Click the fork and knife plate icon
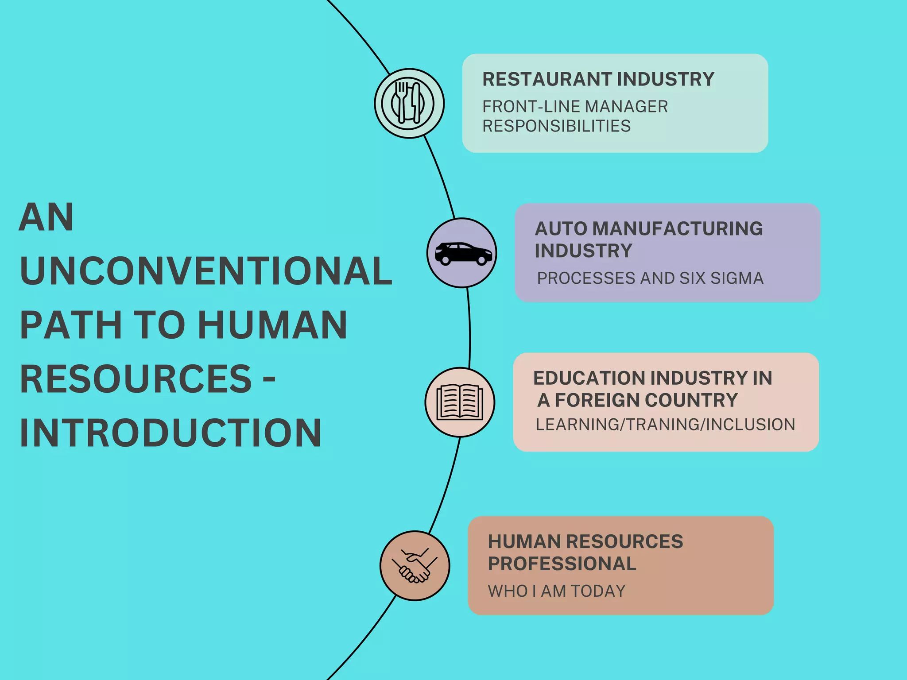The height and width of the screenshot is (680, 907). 409,103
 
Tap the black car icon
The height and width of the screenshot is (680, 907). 463,254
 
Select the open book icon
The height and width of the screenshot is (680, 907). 460,402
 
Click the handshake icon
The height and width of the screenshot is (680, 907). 415,566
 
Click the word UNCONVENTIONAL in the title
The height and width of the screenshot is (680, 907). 206,271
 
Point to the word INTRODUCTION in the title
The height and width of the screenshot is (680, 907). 171,433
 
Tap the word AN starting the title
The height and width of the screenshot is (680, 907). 46,217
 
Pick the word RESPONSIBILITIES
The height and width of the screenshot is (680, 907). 556,126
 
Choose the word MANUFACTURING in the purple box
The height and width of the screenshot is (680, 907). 678,229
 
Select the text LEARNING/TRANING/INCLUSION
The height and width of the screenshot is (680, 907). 665,425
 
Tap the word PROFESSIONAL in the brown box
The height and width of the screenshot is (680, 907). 562,564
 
